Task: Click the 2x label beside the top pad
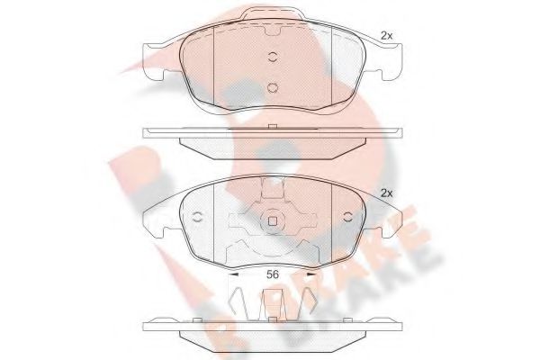click(x=387, y=36)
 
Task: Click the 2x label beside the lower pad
click(x=387, y=193)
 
